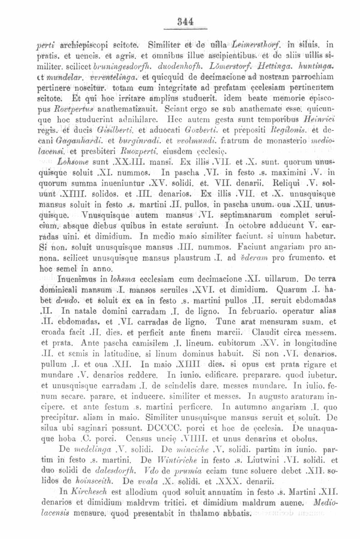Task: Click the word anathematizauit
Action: (x=125, y=108)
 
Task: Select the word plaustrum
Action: (x=197, y=258)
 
